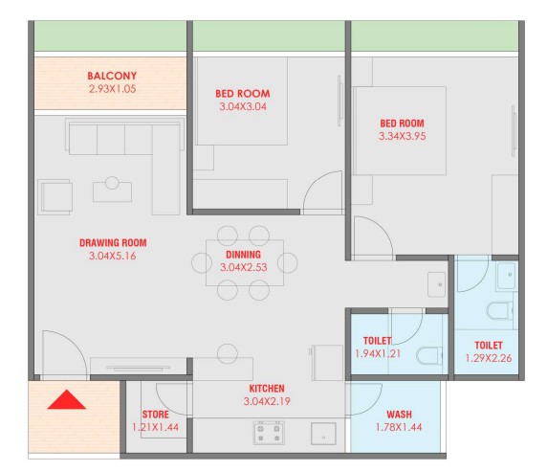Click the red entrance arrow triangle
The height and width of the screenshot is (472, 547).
point(66,399)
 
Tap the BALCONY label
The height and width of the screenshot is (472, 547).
point(112,76)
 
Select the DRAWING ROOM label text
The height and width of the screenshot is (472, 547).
point(113,243)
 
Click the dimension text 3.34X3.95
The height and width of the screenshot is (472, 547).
point(403,136)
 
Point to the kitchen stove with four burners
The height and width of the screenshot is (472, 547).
point(269,433)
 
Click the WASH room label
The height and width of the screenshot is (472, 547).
point(399,415)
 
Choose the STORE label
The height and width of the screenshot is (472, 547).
point(155,415)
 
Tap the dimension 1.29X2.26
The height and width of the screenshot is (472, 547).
point(489,358)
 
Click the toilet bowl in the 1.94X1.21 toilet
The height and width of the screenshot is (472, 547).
point(429,355)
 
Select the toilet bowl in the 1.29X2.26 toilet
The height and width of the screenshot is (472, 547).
point(499,311)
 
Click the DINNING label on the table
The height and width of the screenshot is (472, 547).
point(243,255)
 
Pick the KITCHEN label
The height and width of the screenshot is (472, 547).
point(267,389)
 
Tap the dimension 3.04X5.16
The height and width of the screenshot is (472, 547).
point(112,256)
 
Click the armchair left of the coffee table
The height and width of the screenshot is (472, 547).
point(55,196)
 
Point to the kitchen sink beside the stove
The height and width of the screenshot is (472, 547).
point(323,434)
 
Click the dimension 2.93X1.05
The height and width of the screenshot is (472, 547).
point(112,89)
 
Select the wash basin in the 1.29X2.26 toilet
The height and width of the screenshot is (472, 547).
point(507,276)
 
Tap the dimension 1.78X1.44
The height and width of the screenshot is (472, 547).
point(399,427)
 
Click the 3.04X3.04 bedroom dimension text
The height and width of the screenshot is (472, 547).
point(243,106)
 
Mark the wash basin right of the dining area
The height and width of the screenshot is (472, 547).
point(436,284)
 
